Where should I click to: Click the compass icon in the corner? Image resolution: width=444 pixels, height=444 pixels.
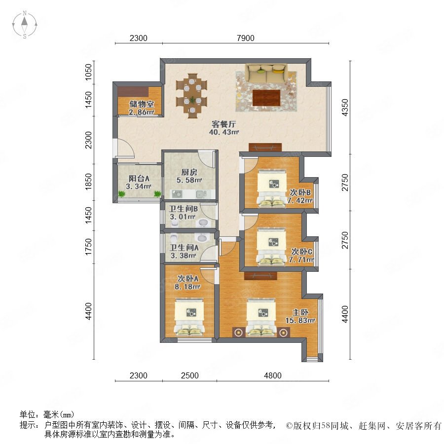25,25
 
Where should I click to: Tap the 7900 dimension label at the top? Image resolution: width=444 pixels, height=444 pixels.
246,38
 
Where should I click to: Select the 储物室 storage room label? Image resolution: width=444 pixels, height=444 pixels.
142,104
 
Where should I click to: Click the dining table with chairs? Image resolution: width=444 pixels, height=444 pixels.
192,96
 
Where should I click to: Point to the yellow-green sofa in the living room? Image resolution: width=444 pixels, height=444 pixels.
266,73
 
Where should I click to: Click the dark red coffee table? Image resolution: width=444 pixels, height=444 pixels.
266,97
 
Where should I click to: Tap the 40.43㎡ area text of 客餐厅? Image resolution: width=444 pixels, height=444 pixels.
224,132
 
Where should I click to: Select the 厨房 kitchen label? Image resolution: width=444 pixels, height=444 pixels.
189,172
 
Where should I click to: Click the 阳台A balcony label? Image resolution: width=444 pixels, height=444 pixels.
139,179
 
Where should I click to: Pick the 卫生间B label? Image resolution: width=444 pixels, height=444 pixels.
183,209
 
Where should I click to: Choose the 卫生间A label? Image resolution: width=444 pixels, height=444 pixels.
184,248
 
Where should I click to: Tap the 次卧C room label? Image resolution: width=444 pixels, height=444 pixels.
302,252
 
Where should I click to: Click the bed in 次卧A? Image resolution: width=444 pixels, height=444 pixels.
189,317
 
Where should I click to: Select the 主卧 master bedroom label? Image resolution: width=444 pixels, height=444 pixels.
300,312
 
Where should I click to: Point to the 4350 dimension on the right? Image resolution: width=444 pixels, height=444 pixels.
345,108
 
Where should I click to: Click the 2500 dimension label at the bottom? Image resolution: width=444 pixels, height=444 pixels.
190,375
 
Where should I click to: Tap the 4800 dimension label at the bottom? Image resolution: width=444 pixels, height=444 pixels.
273,375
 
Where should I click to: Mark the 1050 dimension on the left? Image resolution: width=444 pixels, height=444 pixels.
89,72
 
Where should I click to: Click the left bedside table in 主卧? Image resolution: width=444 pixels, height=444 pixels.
239,332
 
